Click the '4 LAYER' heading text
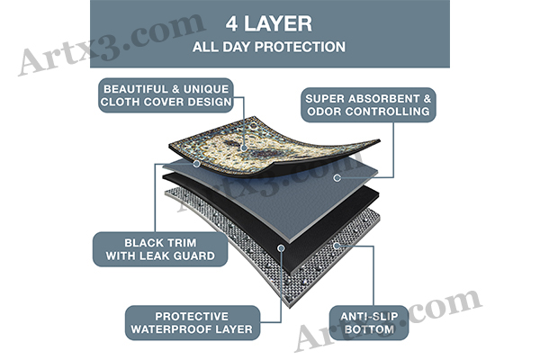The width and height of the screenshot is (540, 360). [x=268, y=24]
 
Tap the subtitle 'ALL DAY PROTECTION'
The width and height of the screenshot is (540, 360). [x=269, y=47]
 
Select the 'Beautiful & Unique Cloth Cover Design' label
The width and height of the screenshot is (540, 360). [x=166, y=95]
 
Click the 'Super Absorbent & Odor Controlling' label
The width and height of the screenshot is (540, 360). [x=368, y=105]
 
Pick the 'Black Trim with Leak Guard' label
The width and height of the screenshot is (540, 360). [x=160, y=249]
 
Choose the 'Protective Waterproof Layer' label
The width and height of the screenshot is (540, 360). [x=192, y=323]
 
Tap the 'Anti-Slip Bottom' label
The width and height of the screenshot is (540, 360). [x=369, y=323]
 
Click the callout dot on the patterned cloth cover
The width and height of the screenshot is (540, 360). [x=244, y=148]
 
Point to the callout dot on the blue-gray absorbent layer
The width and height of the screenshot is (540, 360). [x=337, y=178]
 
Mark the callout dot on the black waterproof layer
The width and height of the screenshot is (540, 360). [x=281, y=247]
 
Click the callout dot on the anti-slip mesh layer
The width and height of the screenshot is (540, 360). [x=337, y=246]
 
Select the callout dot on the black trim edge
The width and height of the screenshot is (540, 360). [x=196, y=164]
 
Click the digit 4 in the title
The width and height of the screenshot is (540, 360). [x=232, y=24]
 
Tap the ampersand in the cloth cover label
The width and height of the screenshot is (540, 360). [x=175, y=89]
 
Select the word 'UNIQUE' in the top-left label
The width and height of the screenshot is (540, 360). [x=206, y=89]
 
